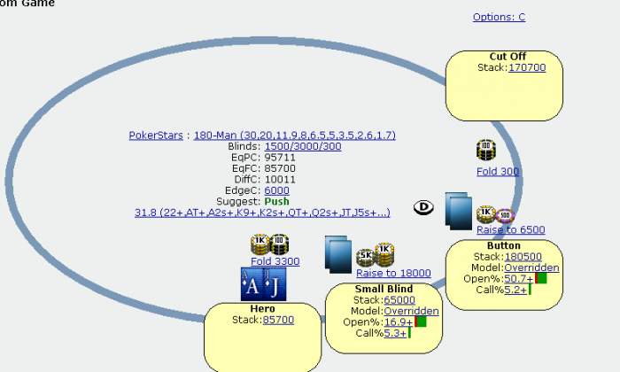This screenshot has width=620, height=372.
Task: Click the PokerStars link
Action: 156,136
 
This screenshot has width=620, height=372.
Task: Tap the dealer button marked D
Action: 424,207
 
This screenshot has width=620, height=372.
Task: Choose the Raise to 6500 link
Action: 510,229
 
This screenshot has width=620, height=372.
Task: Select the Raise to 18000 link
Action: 393,274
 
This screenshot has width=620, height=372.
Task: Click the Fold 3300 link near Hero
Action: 275,261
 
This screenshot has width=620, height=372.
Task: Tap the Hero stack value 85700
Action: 278,319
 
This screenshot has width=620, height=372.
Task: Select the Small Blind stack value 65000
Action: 399,300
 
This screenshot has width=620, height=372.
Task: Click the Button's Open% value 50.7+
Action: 519,278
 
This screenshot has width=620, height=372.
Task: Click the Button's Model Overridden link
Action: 531,267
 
